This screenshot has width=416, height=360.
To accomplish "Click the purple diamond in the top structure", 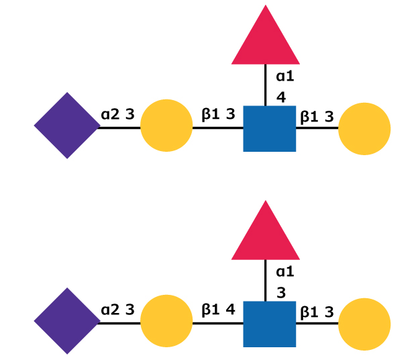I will pyautogui.click(x=67, y=126).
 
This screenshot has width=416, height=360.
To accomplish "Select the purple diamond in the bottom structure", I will pyautogui.click(x=67, y=321).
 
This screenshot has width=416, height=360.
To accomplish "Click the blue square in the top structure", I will pyautogui.click(x=269, y=128).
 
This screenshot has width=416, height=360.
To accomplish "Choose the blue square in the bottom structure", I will pyautogui.click(x=269, y=324).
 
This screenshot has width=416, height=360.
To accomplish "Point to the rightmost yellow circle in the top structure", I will pyautogui.click(x=364, y=129).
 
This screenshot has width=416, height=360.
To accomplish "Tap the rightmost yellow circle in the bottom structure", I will pyautogui.click(x=364, y=324).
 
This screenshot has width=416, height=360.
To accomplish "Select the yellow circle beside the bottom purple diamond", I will pyautogui.click(x=166, y=322).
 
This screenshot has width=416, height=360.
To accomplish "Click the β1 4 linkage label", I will pyautogui.click(x=218, y=310).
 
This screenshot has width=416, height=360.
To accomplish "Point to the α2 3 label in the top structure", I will pyautogui.click(x=118, y=114).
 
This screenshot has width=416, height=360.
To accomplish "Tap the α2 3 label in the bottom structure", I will pyautogui.click(x=118, y=310).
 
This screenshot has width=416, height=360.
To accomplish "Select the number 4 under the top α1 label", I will pyautogui.click(x=281, y=97).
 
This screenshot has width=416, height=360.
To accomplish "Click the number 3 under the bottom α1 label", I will pyautogui.click(x=281, y=292).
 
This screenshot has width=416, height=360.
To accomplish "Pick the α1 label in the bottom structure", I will pyautogui.click(x=285, y=272).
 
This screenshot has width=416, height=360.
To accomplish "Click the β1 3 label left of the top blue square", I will pyautogui.click(x=218, y=114).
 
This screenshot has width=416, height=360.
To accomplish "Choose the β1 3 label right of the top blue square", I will pyautogui.click(x=317, y=117).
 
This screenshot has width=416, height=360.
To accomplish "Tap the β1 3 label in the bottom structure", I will pyautogui.click(x=317, y=312).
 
